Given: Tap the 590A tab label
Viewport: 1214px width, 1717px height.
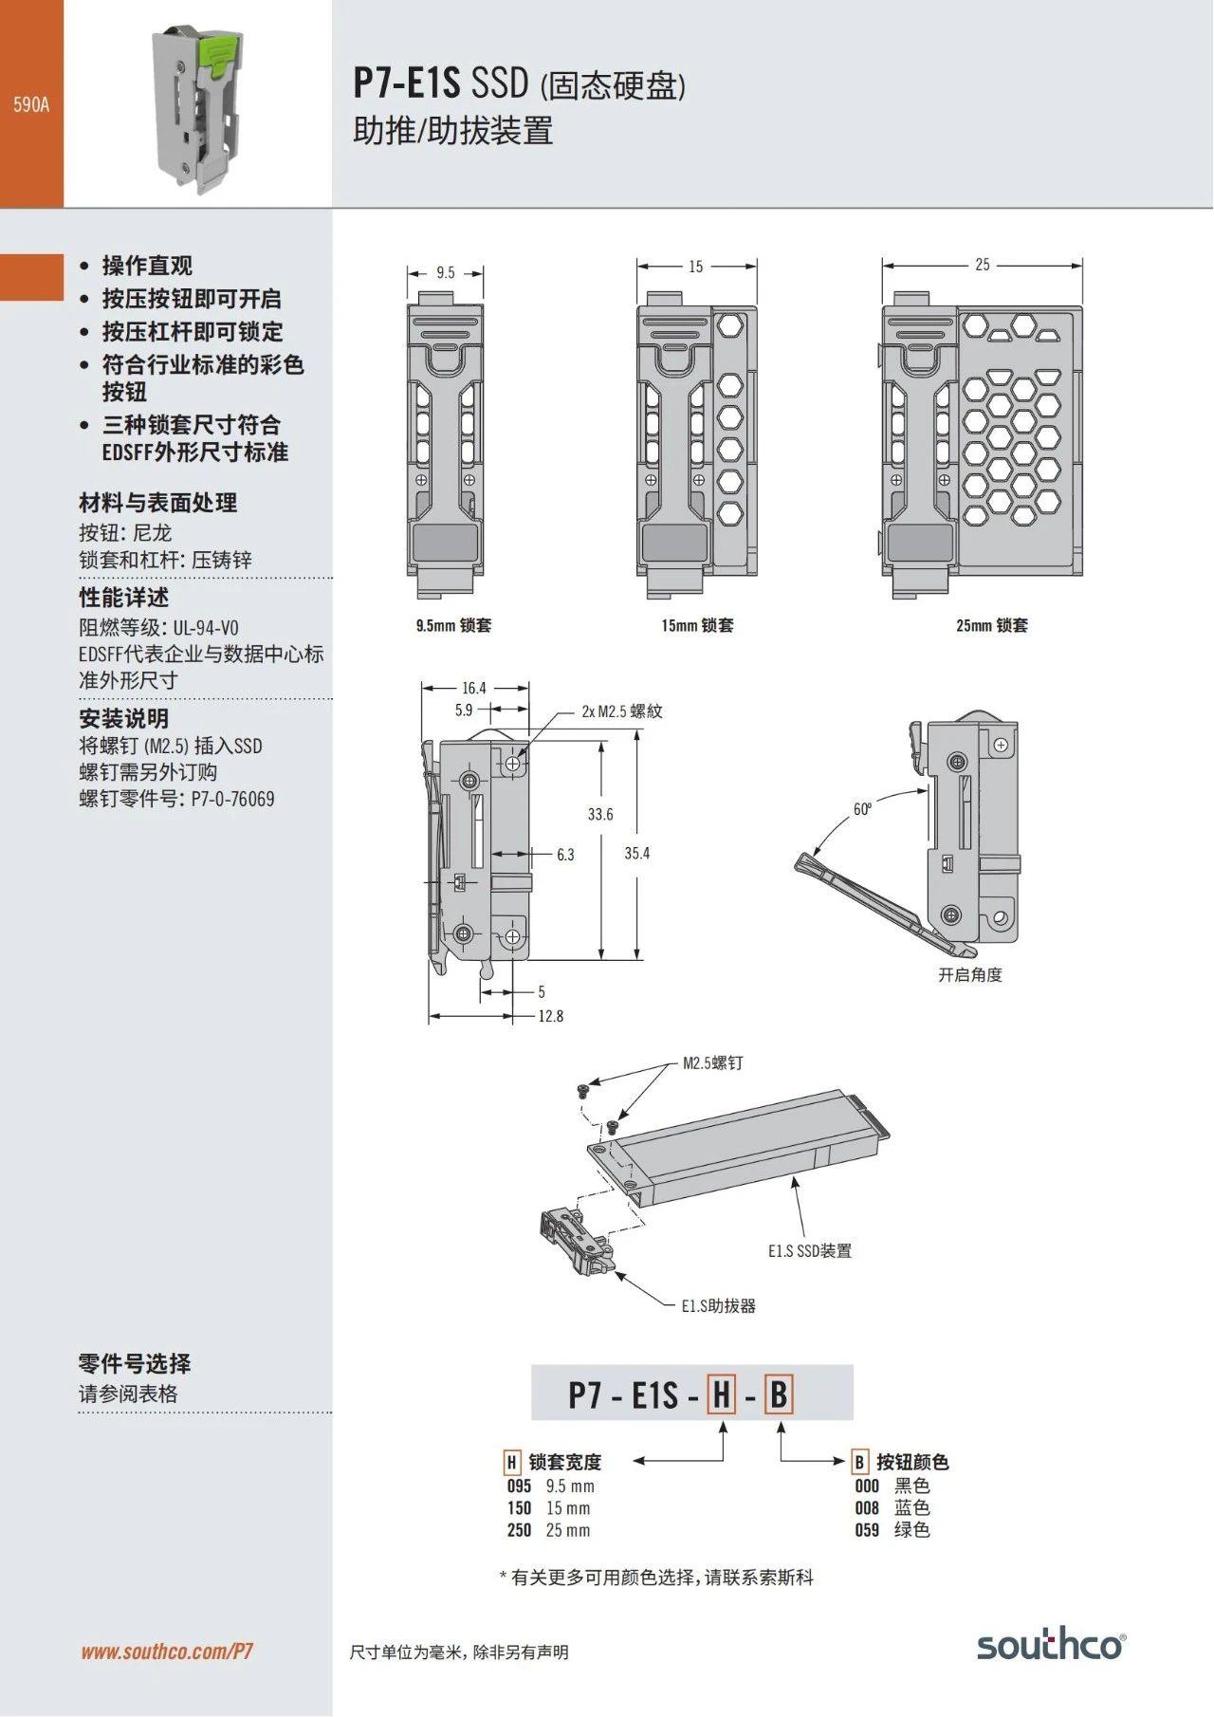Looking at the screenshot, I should click(x=31, y=104).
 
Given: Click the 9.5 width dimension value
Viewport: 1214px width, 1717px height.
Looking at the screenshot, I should click(x=446, y=273).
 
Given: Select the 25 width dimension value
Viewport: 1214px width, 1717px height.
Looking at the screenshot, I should click(x=983, y=265).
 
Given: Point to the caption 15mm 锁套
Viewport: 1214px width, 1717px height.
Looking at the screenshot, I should click(x=697, y=625).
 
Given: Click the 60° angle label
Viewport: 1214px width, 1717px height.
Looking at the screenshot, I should click(x=861, y=809).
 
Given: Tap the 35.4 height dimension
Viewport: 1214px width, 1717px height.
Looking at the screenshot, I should click(x=637, y=853).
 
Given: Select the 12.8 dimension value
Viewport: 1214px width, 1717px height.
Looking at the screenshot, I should click(x=550, y=1016).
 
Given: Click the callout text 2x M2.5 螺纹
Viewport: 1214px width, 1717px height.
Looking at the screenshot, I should click(x=622, y=711).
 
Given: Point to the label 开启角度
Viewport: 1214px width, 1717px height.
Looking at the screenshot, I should click(x=969, y=974).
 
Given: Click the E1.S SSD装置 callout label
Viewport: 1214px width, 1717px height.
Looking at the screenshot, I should click(x=810, y=1250).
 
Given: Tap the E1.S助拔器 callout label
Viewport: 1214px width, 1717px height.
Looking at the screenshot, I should click(x=719, y=1305).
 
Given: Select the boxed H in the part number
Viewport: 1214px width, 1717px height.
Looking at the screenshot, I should click(x=722, y=1395).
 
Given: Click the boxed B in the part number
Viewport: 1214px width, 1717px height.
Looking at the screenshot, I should click(x=779, y=1395).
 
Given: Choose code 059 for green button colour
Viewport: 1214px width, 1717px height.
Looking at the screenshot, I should click(x=867, y=1529).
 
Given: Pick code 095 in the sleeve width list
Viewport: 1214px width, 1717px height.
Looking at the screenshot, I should click(x=519, y=1486).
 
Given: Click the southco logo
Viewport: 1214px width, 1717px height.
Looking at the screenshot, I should click(x=1050, y=1645).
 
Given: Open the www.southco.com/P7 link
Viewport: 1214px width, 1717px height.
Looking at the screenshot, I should click(x=167, y=1652).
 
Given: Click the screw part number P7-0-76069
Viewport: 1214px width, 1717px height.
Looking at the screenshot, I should click(x=233, y=799).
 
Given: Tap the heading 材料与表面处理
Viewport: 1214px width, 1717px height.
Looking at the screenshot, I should click(x=157, y=503).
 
